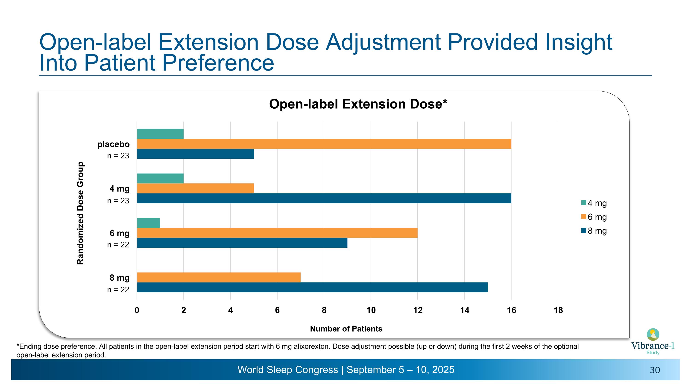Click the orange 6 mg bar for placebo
pos(324,144)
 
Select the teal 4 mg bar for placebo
pos(160,134)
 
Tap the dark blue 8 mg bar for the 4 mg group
pos(324,198)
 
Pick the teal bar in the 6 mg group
pos(149,223)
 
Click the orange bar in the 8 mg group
pos(219,277)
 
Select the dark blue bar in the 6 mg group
pos(242,243)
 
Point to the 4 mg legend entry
pos(594,203)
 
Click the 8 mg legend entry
pos(594,231)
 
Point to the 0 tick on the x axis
pos(137,310)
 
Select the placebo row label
pos(114,144)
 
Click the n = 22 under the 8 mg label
pos(118,290)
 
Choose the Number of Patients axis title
pos(346,329)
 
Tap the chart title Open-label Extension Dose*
pos(358,104)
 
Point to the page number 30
pos(655,370)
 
